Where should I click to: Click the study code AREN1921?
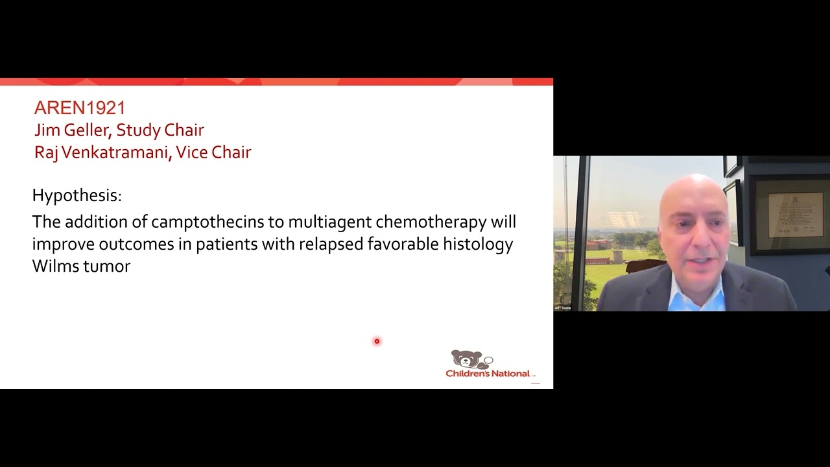80,108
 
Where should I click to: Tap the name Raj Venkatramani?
101,152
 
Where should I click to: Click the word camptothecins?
207,222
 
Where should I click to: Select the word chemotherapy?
431,222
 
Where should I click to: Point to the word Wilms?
54,266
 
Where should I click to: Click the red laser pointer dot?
377,341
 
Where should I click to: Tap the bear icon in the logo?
467,359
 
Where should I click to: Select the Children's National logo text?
488,374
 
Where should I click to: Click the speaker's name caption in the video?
562,307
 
